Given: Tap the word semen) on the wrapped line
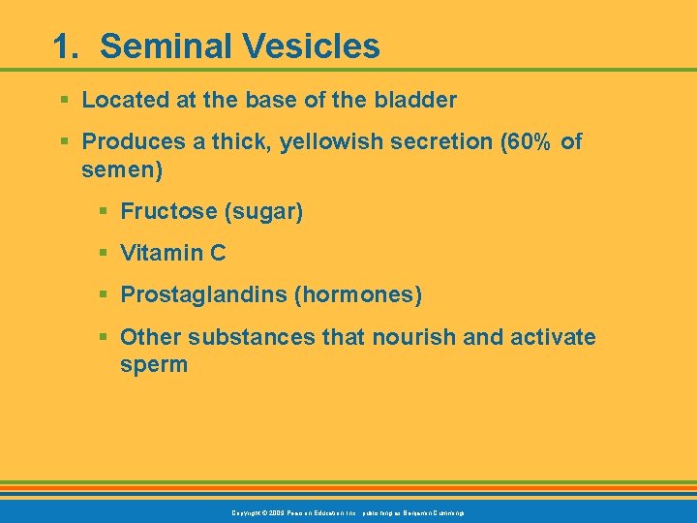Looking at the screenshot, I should coord(122,170).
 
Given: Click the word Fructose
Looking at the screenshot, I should coord(164,211).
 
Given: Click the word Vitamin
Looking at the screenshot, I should coord(161,254).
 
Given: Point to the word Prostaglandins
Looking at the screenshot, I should coord(202,295).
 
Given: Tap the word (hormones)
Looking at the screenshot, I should coord(357,295).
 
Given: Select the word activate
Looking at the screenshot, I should coord(549,338).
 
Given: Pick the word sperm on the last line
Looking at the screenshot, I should coord(154,365).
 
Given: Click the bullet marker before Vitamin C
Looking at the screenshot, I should coord(103,254).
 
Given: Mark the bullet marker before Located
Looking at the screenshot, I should coord(64,100).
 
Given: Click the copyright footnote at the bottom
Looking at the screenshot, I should coord(348,511).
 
